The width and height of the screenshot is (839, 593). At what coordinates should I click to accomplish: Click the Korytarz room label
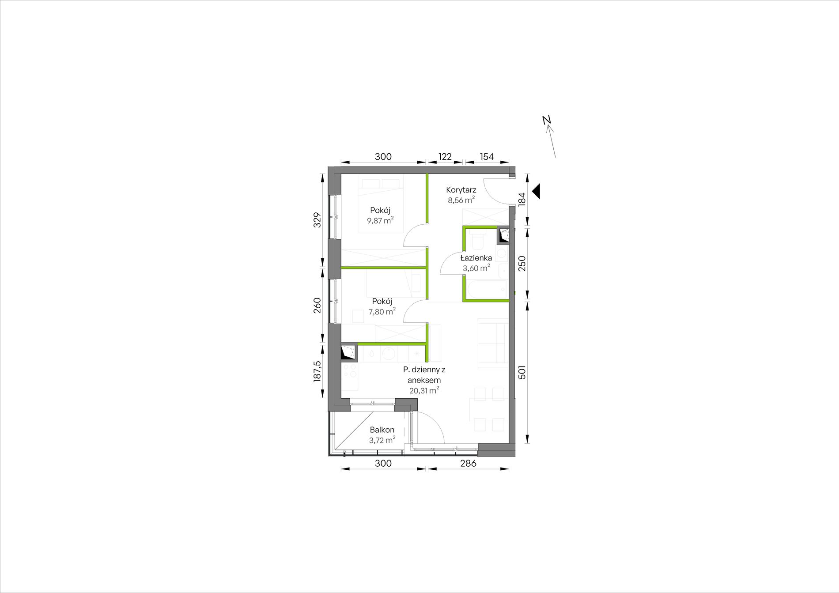click(461, 190)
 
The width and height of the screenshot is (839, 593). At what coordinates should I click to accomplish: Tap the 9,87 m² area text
click(380, 220)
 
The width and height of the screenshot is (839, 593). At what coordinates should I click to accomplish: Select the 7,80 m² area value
click(382, 311)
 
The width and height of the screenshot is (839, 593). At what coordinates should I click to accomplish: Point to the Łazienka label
click(476, 258)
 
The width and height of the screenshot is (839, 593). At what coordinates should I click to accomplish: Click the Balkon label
click(382, 430)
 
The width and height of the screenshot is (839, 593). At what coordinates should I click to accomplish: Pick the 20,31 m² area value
click(424, 390)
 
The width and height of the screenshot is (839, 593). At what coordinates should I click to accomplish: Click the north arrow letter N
click(547, 120)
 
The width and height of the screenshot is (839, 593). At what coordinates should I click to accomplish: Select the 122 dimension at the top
click(445, 157)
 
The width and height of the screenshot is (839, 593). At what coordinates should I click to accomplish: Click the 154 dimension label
click(487, 157)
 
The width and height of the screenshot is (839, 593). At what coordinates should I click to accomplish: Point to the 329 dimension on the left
click(317, 220)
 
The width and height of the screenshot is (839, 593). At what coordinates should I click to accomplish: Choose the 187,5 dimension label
click(317, 371)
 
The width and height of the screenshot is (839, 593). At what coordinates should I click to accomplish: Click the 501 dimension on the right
click(522, 372)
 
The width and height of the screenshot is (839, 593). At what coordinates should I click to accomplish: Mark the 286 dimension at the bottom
click(469, 463)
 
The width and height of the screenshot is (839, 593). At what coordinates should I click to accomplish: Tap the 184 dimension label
click(522, 199)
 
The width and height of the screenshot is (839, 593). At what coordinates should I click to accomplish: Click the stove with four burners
click(350, 370)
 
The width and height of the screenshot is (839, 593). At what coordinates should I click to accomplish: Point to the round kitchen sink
click(389, 353)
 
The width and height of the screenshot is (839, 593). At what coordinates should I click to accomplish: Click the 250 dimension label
click(522, 264)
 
